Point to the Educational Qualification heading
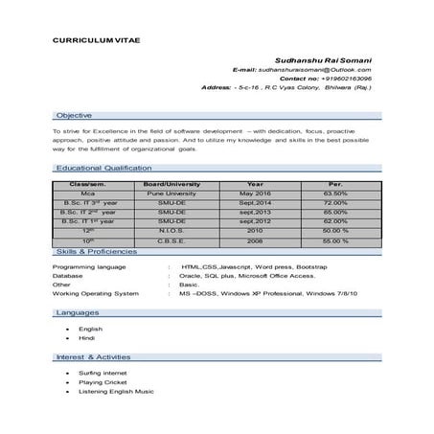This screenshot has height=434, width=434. point(103,167)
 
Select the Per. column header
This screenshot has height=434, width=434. point(335,183)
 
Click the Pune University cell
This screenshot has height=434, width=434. point(171,193)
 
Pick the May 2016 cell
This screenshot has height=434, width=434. point(256,193)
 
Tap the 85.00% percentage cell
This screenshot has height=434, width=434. point(335,212)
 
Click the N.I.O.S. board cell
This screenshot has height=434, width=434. point(171,231)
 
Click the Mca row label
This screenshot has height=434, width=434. point(87,193)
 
